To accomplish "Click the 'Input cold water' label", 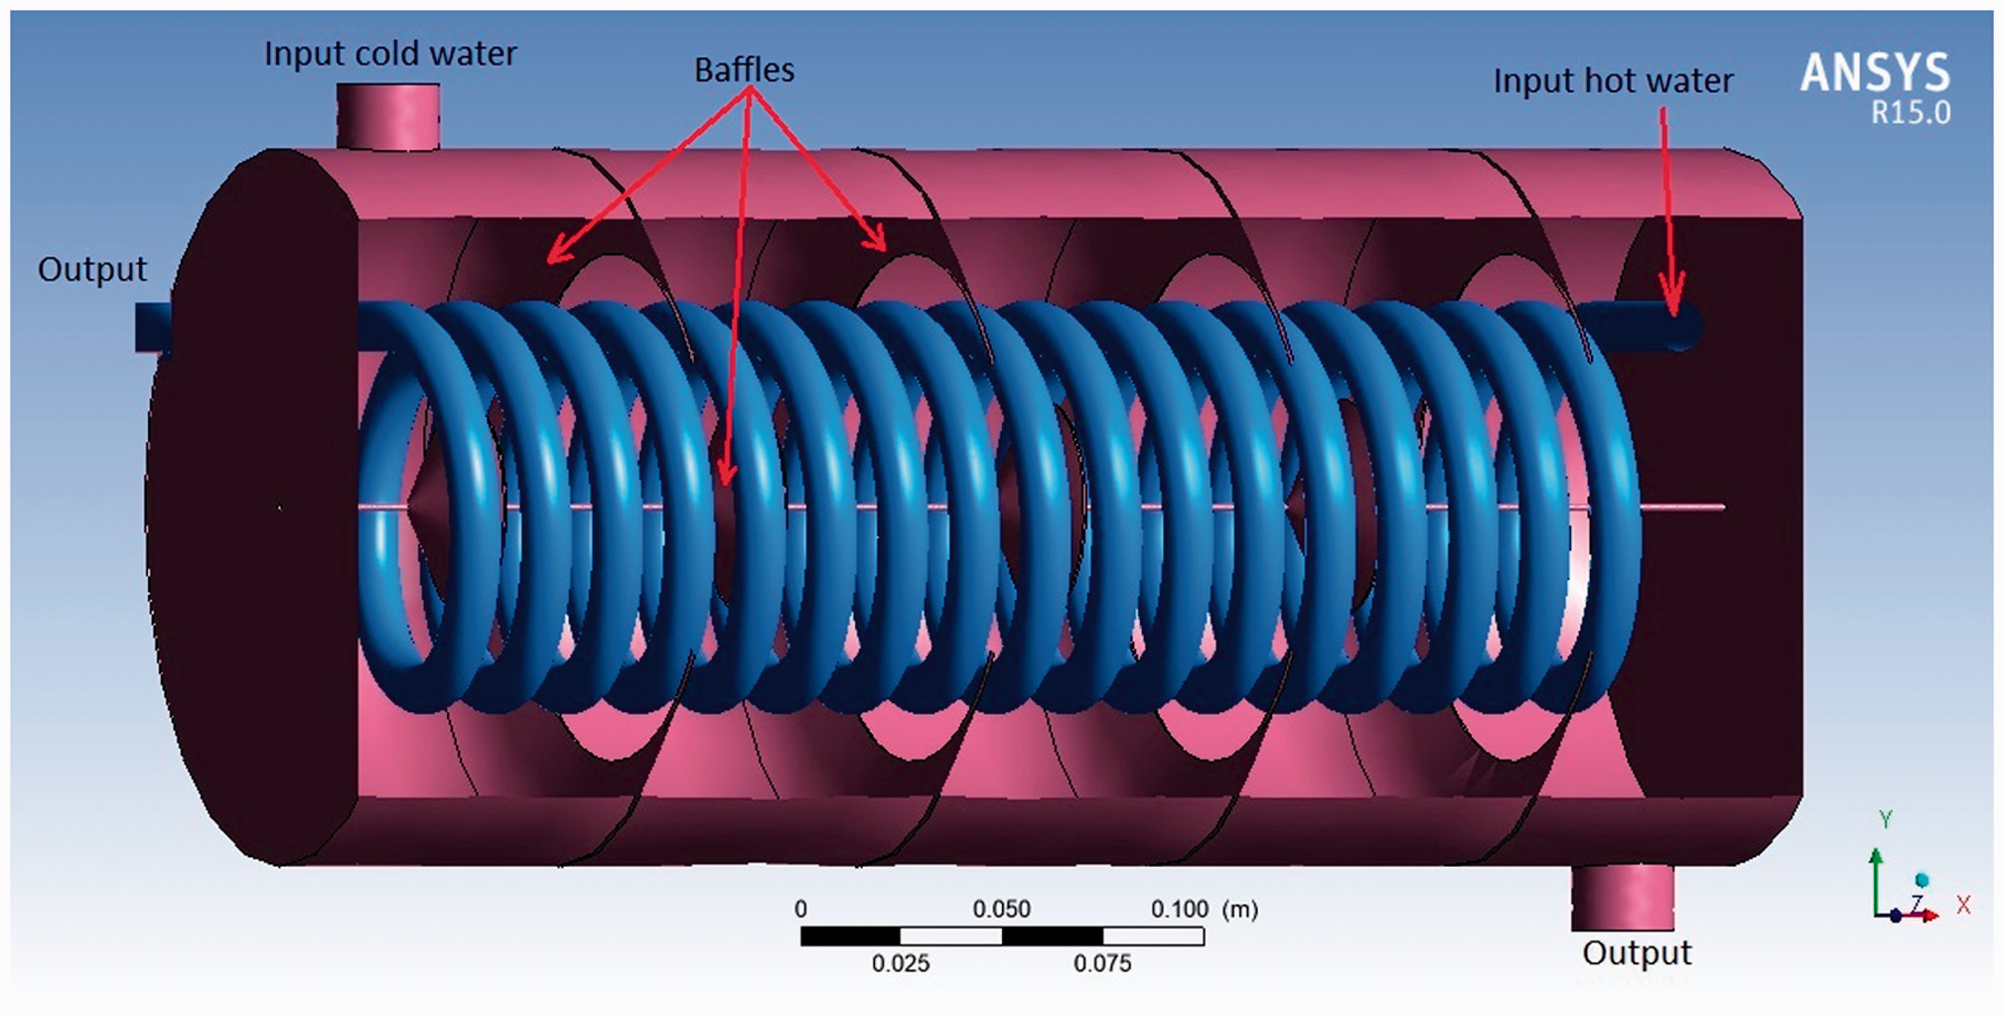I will click(390, 54).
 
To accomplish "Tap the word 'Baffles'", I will click(744, 70).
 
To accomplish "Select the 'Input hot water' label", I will click(1613, 80).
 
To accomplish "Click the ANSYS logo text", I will click(1875, 73).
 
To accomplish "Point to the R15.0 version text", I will click(1911, 113).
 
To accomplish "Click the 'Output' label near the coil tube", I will click(91, 269).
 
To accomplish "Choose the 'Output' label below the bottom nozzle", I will click(1637, 952).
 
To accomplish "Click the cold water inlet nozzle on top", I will click(388, 115).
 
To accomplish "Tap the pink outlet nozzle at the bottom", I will click(1623, 897).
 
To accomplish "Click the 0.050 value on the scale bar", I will click(1001, 909).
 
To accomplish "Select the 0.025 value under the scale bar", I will click(901, 963).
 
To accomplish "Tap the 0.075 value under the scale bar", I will click(1102, 963).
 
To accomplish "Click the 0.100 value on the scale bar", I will click(1180, 909).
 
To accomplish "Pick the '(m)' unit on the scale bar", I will click(1240, 909).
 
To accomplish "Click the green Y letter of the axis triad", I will click(1885, 819).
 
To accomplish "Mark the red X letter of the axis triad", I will click(1963, 905).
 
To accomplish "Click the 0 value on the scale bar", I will click(800, 909).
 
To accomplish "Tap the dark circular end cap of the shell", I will click(253, 507).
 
